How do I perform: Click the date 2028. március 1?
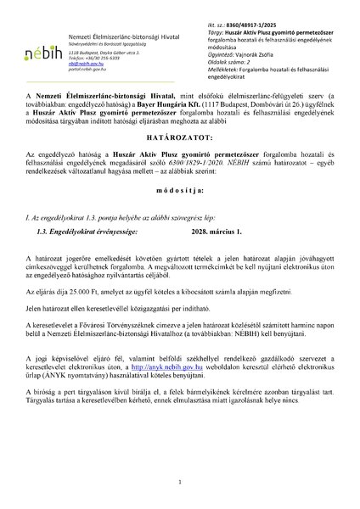pyautogui.click(x=204, y=276)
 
